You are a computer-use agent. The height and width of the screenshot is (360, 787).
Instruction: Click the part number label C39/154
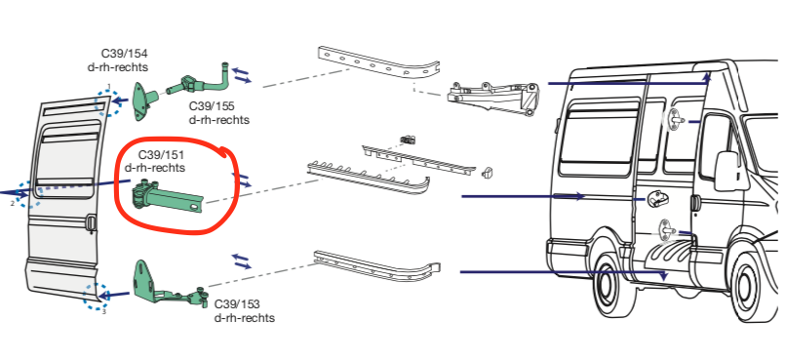[125, 54]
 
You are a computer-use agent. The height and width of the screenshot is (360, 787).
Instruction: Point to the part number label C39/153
[237, 304]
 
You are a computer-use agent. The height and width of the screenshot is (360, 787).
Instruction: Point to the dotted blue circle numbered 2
[28, 195]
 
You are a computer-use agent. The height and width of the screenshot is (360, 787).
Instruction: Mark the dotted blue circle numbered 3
[96, 297]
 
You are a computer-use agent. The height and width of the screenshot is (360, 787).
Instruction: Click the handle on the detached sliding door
[91, 223]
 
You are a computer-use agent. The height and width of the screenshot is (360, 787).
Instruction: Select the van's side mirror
[725, 171]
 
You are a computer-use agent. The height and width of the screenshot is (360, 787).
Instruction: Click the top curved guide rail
[379, 62]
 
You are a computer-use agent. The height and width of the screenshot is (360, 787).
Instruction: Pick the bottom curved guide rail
[376, 264]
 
